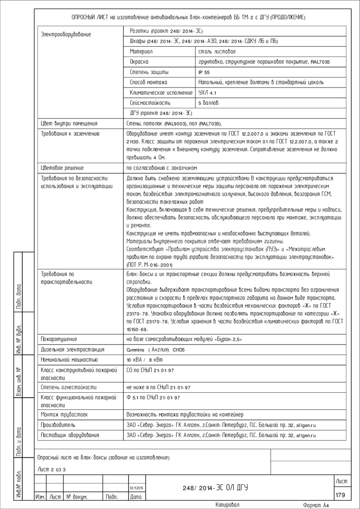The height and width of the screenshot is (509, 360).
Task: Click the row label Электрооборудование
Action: point(66,34)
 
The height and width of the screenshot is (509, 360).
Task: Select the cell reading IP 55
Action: point(204,72)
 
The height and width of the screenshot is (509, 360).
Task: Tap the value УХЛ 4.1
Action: point(207,93)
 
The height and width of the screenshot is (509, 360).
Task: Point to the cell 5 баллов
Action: point(208,103)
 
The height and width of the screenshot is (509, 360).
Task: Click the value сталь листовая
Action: point(217,52)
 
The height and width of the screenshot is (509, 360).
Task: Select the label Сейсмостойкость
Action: point(150,103)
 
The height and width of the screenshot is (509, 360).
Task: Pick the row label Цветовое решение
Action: point(62,168)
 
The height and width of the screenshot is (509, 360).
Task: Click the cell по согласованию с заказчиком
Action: point(162,168)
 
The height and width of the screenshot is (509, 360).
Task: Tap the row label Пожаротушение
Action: point(59,339)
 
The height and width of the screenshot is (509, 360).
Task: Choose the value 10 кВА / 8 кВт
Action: point(144,360)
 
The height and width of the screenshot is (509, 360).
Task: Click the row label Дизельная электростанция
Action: point(72,350)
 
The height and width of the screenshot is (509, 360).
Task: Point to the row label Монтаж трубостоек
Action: point(64,415)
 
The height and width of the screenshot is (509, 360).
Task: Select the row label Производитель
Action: point(58,425)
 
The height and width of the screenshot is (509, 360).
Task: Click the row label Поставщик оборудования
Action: point(70,435)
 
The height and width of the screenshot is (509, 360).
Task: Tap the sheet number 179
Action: point(340,495)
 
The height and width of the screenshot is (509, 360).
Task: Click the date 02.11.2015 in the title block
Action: point(137,488)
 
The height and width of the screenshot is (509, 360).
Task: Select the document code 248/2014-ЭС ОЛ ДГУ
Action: point(215,488)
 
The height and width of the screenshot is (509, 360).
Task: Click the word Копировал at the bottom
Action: point(227,505)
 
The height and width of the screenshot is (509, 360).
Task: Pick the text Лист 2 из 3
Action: point(52,470)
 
